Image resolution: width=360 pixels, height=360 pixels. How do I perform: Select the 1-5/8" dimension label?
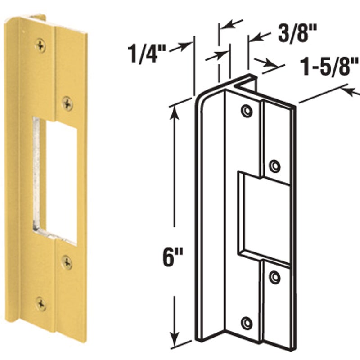330,66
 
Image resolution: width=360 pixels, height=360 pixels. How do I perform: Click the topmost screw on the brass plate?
40,45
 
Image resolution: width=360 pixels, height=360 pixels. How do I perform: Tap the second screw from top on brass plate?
67,103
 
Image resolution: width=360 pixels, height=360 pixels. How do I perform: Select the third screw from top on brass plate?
67,262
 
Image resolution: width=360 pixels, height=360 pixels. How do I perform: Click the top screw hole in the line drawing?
247,111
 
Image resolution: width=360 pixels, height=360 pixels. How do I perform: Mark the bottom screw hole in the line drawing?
247,323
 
